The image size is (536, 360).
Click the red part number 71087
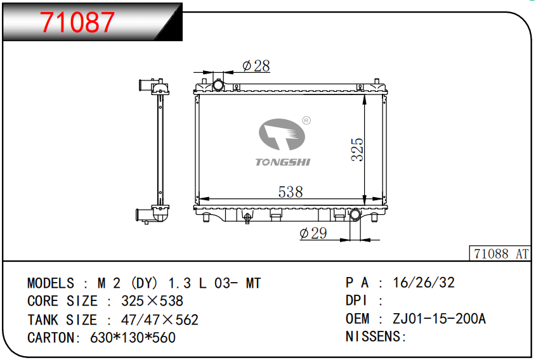(77, 22)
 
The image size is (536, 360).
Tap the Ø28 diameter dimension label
(256, 65)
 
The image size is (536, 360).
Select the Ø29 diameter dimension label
(313, 233)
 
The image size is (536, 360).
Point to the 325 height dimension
(357, 149)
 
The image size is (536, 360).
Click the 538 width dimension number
(291, 192)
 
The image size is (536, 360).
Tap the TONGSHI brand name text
(283, 162)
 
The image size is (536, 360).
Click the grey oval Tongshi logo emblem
(282, 134)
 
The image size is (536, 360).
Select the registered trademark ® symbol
(306, 120)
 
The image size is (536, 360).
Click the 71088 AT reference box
(500, 254)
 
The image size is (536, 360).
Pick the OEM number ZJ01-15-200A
(439, 319)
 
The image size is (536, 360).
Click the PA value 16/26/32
(424, 283)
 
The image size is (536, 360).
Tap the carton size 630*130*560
(133, 338)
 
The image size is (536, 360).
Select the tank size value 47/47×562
(160, 320)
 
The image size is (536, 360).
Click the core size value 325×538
(152, 301)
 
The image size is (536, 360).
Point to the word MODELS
(51, 283)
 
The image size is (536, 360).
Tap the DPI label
(356, 300)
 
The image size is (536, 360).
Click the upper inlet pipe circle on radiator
(218, 85)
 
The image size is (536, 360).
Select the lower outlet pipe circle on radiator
(355, 215)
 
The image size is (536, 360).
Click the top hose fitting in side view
(154, 86)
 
